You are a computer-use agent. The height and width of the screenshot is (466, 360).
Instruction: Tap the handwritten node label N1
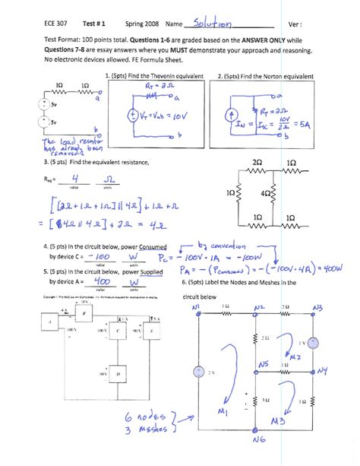196,306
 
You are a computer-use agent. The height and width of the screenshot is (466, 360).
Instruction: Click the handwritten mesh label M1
223,412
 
